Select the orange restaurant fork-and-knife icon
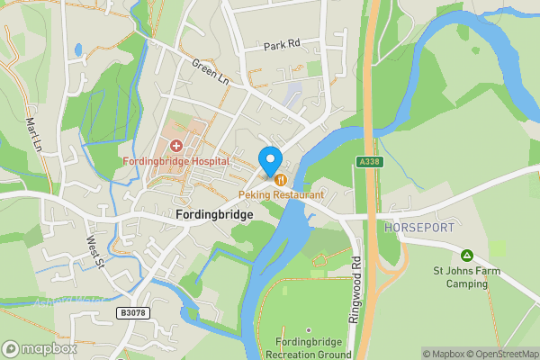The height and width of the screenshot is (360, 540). (282, 180)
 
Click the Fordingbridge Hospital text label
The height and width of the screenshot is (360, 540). (176, 161)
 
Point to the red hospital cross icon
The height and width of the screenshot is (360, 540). (176, 145)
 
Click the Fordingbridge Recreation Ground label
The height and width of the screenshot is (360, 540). (309, 347)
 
